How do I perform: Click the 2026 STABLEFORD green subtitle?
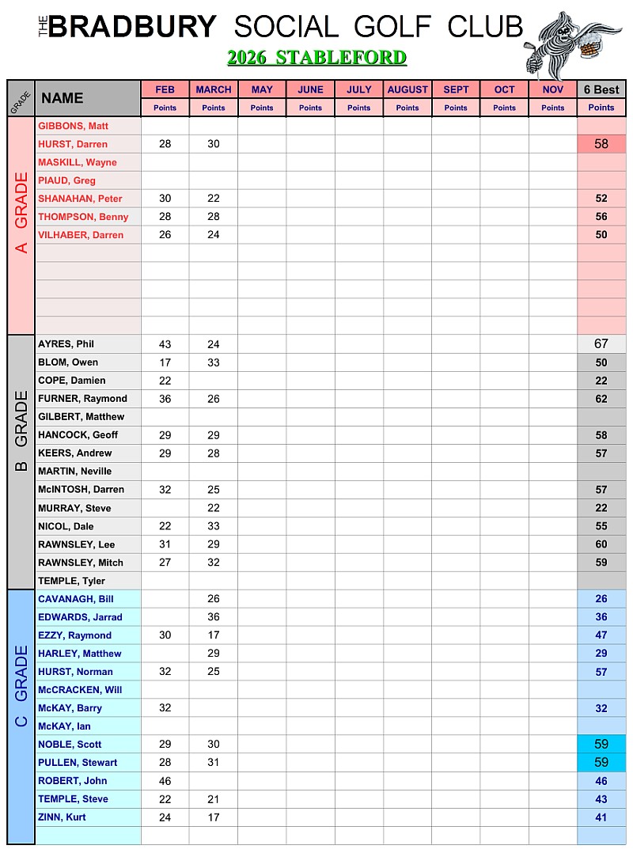point(316,58)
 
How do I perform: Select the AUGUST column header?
point(407,89)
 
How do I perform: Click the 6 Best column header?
point(601,89)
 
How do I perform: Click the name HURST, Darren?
point(73,144)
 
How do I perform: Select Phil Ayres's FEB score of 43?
point(165,344)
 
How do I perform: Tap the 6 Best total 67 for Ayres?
point(601,344)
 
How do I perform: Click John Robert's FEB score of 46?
point(165,781)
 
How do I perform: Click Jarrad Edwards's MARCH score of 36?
point(214,617)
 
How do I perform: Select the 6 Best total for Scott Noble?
point(601,745)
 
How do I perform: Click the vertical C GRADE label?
point(21,685)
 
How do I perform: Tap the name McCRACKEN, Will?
point(80,690)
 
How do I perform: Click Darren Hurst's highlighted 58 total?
point(601,144)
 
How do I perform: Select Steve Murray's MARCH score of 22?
point(214,508)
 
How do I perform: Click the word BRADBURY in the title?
point(132,28)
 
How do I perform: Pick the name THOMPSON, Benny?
point(83,217)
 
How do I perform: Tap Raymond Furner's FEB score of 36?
point(165,399)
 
